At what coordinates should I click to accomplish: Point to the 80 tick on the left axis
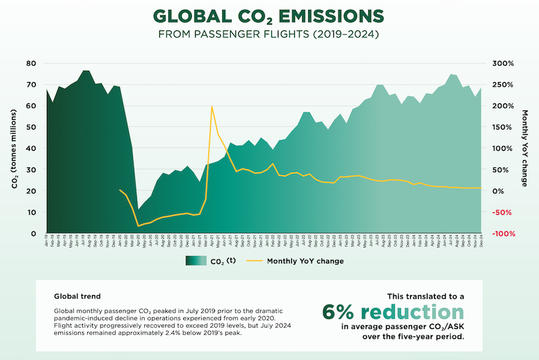coord(30,64)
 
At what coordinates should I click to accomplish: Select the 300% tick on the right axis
coord(504,64)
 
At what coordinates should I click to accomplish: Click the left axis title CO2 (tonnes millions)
coord(14,148)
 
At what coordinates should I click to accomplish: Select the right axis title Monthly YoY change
coord(524,148)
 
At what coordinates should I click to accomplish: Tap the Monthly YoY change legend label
coord(305,261)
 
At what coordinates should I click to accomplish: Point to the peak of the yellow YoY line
coord(212,106)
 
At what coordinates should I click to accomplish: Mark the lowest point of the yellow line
coord(138,226)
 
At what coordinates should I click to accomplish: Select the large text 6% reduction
coord(394,312)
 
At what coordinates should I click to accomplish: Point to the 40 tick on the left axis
coord(30,148)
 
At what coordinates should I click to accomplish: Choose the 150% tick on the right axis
coord(504,127)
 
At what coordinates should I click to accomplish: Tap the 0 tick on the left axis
coord(33,234)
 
